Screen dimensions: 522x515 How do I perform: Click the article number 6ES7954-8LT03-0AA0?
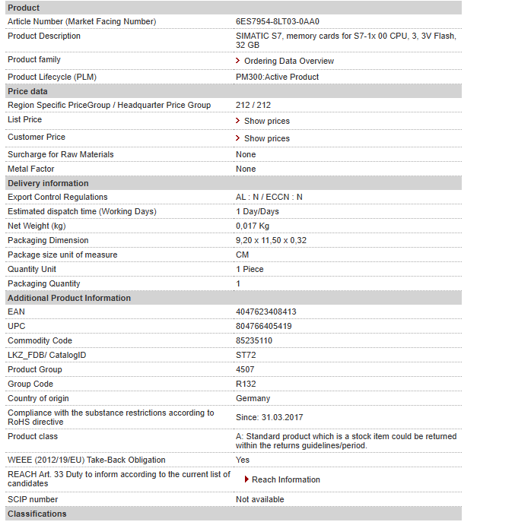(277, 21)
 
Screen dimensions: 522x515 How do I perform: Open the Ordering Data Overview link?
(288, 61)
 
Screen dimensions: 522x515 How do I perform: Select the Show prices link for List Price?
(266, 121)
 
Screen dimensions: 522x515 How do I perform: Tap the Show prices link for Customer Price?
(266, 138)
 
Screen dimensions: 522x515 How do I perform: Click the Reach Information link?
(285, 479)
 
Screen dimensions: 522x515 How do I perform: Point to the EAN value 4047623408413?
(265, 312)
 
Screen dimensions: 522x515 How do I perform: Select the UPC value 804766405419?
(263, 326)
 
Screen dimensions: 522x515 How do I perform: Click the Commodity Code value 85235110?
(253, 340)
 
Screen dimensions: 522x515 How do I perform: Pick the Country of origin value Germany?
(253, 398)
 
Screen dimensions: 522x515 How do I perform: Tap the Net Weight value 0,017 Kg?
(252, 226)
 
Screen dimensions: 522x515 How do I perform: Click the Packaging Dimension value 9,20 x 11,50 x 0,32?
(271, 240)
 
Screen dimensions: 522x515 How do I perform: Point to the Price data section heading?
(27, 91)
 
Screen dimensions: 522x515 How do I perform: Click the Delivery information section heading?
(48, 183)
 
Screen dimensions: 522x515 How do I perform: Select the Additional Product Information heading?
(69, 298)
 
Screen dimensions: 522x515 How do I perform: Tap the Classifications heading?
(37, 514)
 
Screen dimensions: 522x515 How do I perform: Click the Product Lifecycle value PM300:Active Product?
(277, 77)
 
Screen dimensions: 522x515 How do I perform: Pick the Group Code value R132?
(246, 384)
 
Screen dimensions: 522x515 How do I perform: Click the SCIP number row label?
(33, 499)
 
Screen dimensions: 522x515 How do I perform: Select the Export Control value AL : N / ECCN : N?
(269, 197)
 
